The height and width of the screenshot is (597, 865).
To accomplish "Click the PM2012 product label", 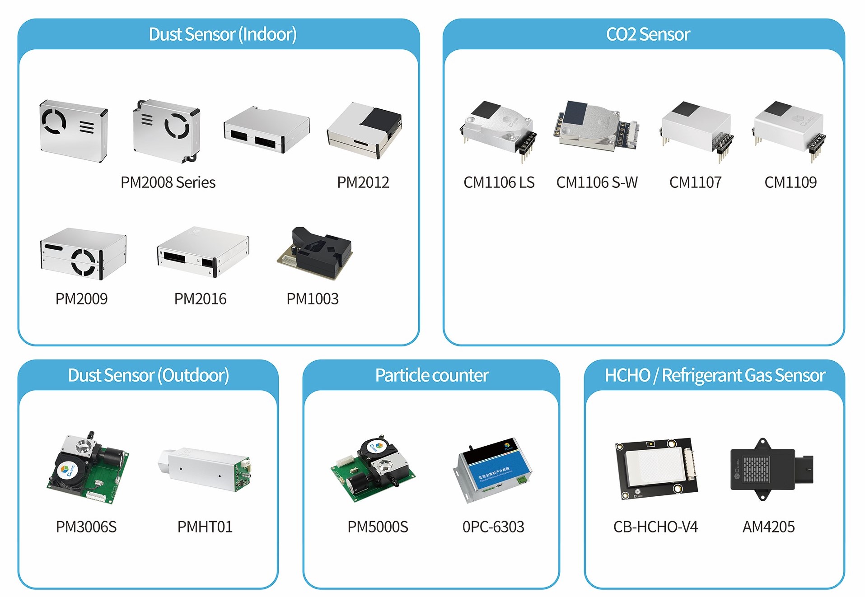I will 363,182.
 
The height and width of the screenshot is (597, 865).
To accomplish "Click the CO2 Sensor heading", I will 648,34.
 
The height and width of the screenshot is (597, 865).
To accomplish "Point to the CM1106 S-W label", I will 597,182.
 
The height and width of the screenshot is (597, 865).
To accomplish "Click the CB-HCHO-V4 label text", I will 655,527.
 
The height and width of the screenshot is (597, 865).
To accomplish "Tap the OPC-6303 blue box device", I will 493,471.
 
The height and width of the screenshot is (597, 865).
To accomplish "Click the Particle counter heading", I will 431,375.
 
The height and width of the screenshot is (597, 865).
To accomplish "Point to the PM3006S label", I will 86,527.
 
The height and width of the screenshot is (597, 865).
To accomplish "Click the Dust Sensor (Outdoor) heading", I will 148,375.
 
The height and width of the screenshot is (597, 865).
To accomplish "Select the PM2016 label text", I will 200,298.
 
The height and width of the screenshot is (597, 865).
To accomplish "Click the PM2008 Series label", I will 168,182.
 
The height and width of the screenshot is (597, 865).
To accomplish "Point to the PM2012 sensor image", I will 365,131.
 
